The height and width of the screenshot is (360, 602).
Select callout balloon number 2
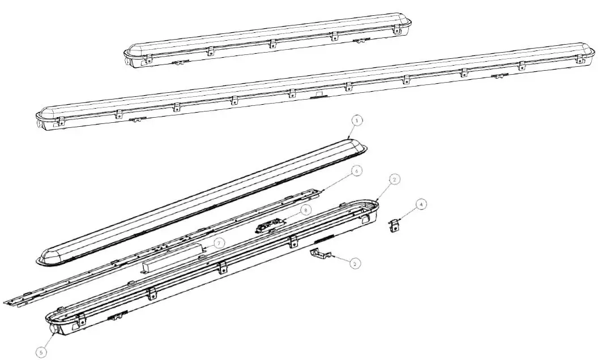tap(395, 179)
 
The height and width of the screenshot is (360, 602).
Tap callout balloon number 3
tap(354, 263)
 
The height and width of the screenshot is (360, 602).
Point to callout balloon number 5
tap(41, 352)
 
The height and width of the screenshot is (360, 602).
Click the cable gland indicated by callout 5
tap(55, 329)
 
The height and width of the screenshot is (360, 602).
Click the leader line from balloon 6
tap(338, 182)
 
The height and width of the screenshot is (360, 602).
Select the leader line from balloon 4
tap(409, 213)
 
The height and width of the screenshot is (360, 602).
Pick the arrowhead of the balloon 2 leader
tap(376, 200)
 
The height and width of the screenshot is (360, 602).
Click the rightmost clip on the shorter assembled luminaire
tap(396, 30)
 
